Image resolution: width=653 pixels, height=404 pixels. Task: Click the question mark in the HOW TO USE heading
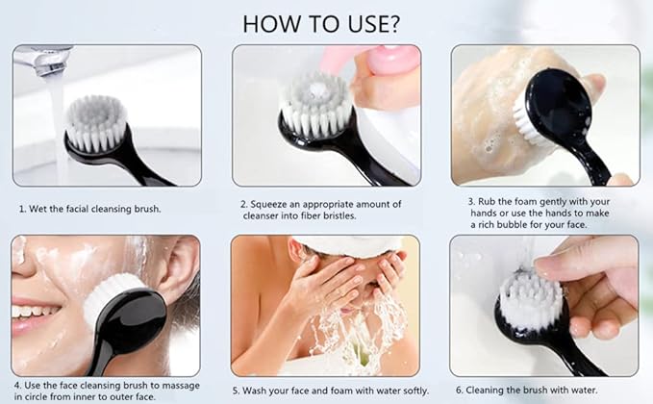coord(391,24)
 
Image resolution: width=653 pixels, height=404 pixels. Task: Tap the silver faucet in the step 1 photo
coord(40,59)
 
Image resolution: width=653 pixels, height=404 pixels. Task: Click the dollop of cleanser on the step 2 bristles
coord(317,88)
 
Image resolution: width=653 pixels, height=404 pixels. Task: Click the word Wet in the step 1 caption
coord(38,209)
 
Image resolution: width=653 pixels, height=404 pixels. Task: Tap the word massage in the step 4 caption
coord(181,387)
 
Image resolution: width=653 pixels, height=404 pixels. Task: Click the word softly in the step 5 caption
coord(415,391)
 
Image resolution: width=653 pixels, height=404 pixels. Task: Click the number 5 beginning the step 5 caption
coord(237,391)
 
